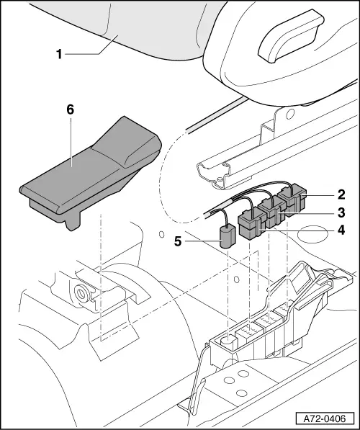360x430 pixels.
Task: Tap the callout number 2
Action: (341, 194)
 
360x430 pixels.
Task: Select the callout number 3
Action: (341, 212)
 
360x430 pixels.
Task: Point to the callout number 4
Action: (341, 230)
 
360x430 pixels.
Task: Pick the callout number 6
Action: (70, 109)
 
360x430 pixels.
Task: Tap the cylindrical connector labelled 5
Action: (228, 236)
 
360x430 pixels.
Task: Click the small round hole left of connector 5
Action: (162, 236)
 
